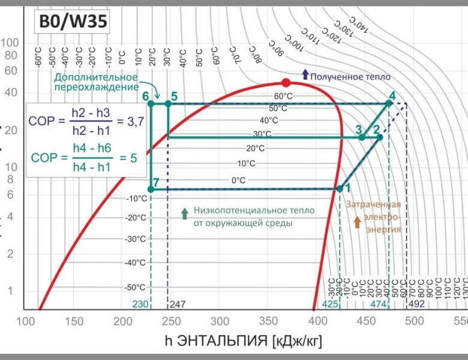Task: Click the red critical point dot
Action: [x=286, y=83]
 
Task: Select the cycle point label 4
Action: [x=392, y=95]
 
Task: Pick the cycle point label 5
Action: [x=173, y=96]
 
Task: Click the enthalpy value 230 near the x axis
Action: [x=140, y=304]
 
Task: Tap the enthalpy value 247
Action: [x=178, y=304]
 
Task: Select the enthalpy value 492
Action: [x=416, y=304]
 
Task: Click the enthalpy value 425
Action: [x=330, y=304]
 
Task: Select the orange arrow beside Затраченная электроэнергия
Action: [x=357, y=222]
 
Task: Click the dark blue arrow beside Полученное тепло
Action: [x=305, y=74]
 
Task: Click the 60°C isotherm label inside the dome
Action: [x=283, y=96]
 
